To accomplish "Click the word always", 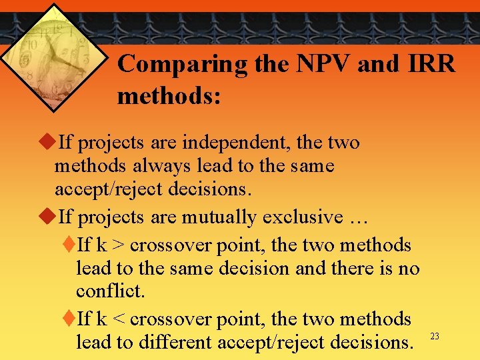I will (155, 166).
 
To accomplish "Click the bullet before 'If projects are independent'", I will (47, 143).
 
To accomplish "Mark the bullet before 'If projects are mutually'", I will (47, 217).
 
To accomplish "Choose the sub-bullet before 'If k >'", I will (70, 245).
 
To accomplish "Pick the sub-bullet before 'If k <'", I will (70, 319).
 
